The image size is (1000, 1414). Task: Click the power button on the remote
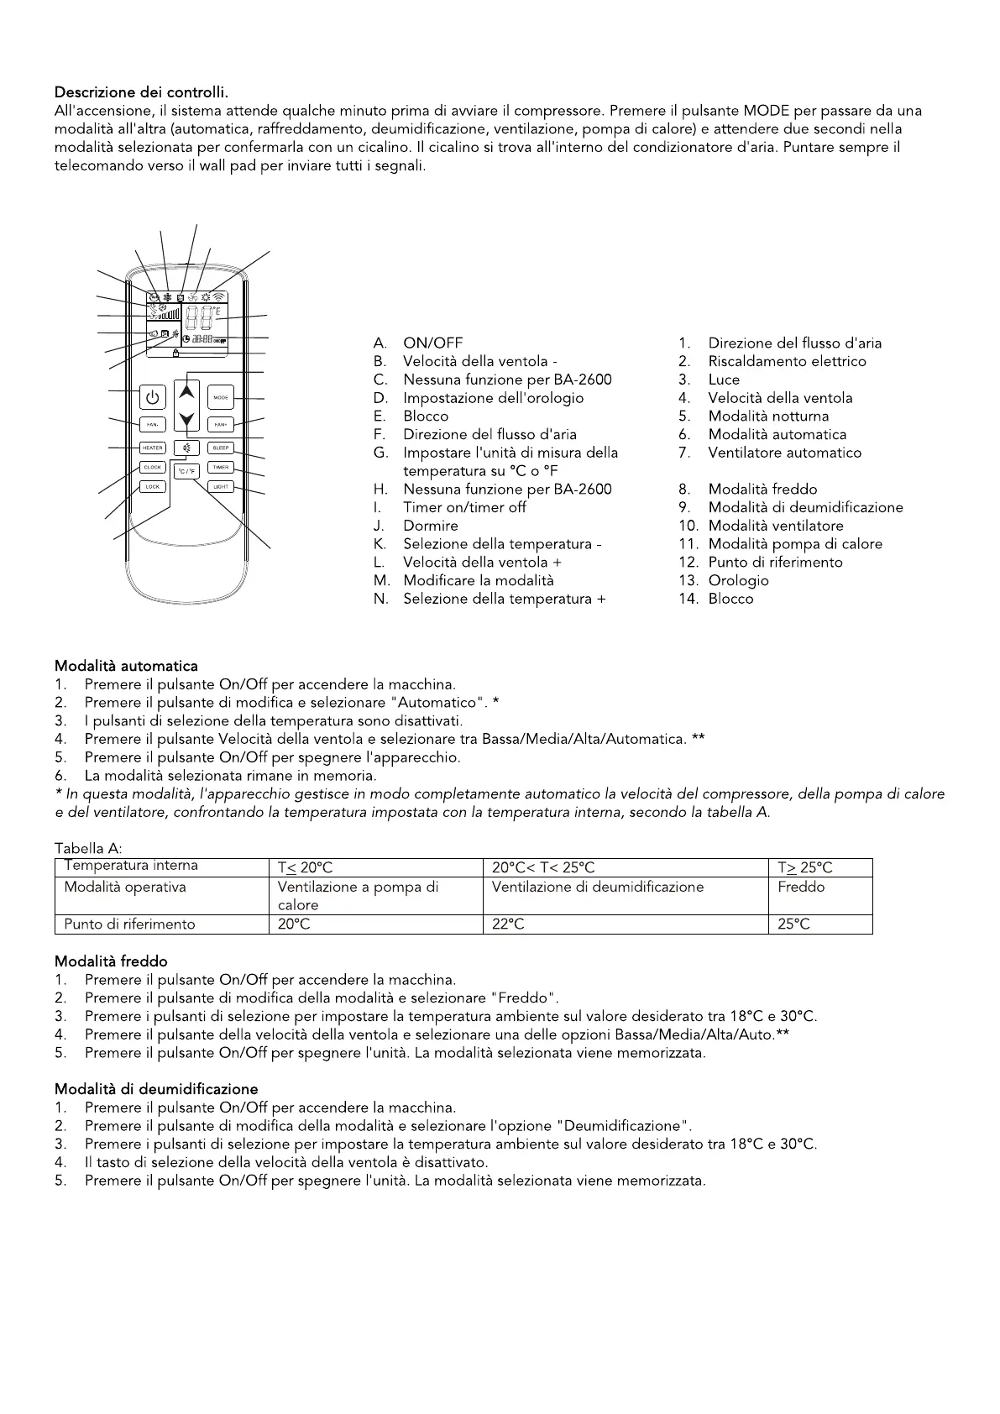coord(152,397)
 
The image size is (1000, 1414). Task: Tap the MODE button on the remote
coord(221,397)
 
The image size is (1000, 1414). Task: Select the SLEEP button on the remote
coord(221,448)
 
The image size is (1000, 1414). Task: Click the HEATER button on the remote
coord(152,448)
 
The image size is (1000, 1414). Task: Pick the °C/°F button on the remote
coord(186,471)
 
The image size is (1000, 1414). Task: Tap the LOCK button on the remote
coord(152,486)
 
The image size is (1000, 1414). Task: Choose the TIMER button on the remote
coord(221,468)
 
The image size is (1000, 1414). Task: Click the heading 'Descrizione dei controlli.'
coord(141,92)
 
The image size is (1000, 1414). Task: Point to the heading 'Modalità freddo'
coord(111,961)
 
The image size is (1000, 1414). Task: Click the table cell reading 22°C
coord(509,924)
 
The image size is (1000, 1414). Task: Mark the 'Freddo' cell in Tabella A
coord(801,888)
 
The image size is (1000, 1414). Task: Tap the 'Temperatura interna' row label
coord(132,866)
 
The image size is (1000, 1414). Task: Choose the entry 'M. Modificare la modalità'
coord(478,580)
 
